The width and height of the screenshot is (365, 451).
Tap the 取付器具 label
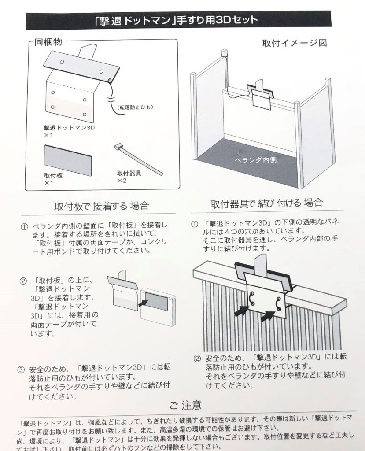[129, 173]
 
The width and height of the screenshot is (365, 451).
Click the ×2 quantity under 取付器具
[122, 181]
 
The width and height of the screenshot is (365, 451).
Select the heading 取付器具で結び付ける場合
[267, 203]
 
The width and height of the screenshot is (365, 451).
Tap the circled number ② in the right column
[197, 358]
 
